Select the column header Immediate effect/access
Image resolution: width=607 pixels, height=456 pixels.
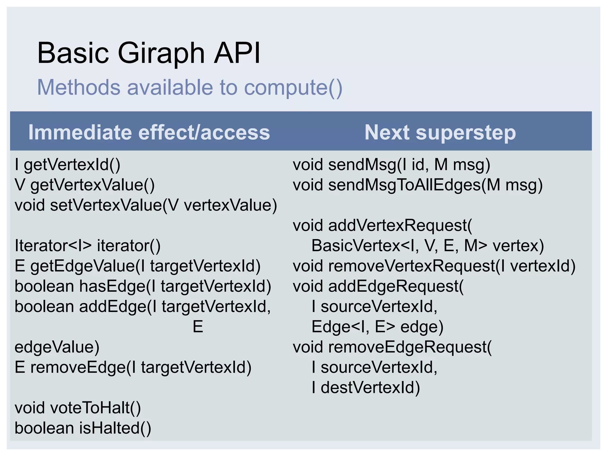tap(149, 132)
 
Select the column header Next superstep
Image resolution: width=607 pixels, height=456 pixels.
tap(440, 132)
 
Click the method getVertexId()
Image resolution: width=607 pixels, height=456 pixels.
tap(72, 165)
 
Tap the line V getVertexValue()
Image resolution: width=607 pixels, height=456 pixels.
tap(84, 185)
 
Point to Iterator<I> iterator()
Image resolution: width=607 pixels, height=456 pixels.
tap(87, 246)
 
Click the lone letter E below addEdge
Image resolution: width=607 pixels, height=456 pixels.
tap(198, 327)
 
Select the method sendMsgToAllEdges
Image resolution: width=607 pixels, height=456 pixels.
tap(404, 185)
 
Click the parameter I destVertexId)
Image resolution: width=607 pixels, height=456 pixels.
tap(366, 388)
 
